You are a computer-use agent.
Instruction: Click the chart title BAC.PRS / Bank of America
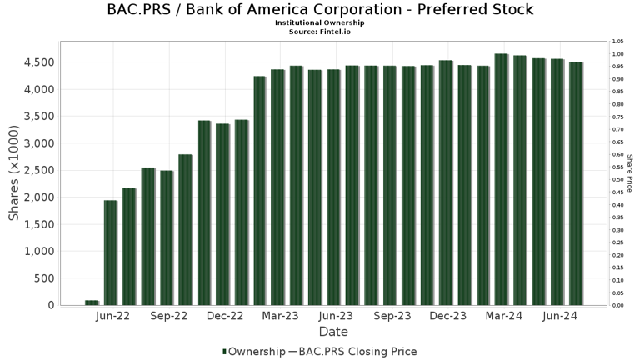pyautogui.click(x=320, y=10)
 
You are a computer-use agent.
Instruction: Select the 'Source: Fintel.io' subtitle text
pyautogui.click(x=320, y=31)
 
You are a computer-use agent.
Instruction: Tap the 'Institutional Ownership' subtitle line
pyautogui.click(x=320, y=22)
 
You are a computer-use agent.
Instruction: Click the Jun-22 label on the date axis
pyautogui.click(x=112, y=316)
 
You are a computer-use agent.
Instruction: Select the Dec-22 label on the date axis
pyautogui.click(x=225, y=316)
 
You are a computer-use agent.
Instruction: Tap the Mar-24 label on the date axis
pyautogui.click(x=504, y=316)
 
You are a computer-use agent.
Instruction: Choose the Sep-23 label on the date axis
pyautogui.click(x=392, y=316)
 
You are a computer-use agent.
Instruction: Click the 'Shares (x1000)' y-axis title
pyautogui.click(x=14, y=173)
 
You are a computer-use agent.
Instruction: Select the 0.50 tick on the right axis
pyautogui.click(x=617, y=180)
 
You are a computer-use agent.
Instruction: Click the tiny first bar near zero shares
pyautogui.click(x=92, y=302)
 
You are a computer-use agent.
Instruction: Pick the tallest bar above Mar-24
pyautogui.click(x=501, y=179)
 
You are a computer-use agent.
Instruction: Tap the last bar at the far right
pyautogui.click(x=576, y=183)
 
